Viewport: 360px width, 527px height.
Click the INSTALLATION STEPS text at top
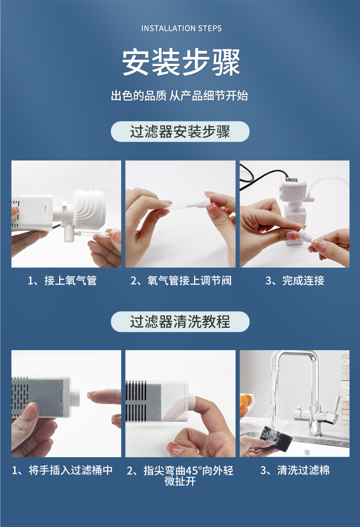click(181, 28)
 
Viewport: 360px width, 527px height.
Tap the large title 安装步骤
click(180, 62)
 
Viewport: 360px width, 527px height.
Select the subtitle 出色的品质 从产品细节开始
click(180, 96)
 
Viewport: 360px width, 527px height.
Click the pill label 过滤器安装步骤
click(180, 131)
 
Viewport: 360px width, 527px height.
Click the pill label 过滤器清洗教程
click(180, 322)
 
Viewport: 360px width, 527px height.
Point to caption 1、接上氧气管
click(62, 280)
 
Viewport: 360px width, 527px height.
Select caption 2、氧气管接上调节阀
click(181, 280)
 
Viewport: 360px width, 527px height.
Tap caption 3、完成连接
click(295, 280)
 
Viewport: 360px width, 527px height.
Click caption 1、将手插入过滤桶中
click(62, 470)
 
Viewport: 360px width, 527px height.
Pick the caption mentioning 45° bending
click(180, 475)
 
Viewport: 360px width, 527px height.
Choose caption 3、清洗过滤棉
click(295, 470)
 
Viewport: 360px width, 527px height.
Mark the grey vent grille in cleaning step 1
click(20, 397)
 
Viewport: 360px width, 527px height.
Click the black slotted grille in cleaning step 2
click(136, 401)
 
